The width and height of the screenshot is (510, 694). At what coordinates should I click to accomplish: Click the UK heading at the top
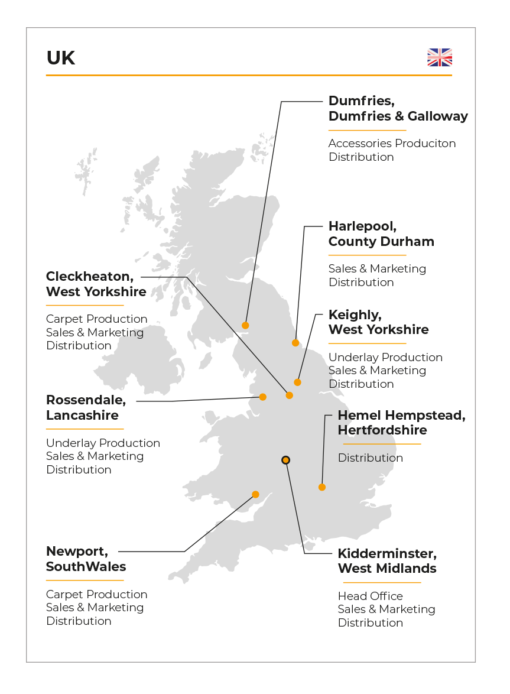click(61, 58)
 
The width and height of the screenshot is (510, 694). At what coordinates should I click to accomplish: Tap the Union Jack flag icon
click(440, 57)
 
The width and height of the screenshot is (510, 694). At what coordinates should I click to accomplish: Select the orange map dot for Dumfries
click(245, 325)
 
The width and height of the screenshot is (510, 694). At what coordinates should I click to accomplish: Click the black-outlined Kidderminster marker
click(285, 460)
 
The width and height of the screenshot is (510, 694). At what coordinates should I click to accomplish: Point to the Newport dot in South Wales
click(255, 494)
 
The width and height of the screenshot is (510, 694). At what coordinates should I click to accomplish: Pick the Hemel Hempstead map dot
click(322, 487)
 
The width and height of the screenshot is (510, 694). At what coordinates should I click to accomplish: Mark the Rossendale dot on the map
click(263, 397)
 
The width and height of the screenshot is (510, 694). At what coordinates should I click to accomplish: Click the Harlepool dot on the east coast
click(295, 343)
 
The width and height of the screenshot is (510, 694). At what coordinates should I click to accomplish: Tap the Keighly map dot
click(298, 382)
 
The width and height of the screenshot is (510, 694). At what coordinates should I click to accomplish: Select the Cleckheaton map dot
click(290, 395)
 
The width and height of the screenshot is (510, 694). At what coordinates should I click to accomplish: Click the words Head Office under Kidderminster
click(370, 596)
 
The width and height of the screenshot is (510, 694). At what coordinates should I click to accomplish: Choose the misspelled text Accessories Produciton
click(392, 144)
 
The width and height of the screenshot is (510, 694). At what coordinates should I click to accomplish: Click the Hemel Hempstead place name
click(401, 416)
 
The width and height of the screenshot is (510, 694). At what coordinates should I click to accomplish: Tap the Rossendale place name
click(86, 400)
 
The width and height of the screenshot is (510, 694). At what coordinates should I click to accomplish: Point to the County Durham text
click(381, 241)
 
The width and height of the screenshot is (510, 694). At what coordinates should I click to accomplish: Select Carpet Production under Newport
click(96, 594)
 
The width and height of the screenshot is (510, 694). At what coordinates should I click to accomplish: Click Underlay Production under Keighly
click(385, 357)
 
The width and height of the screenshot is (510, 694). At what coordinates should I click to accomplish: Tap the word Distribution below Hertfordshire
click(370, 458)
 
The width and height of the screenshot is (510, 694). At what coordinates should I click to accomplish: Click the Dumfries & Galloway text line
click(398, 116)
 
